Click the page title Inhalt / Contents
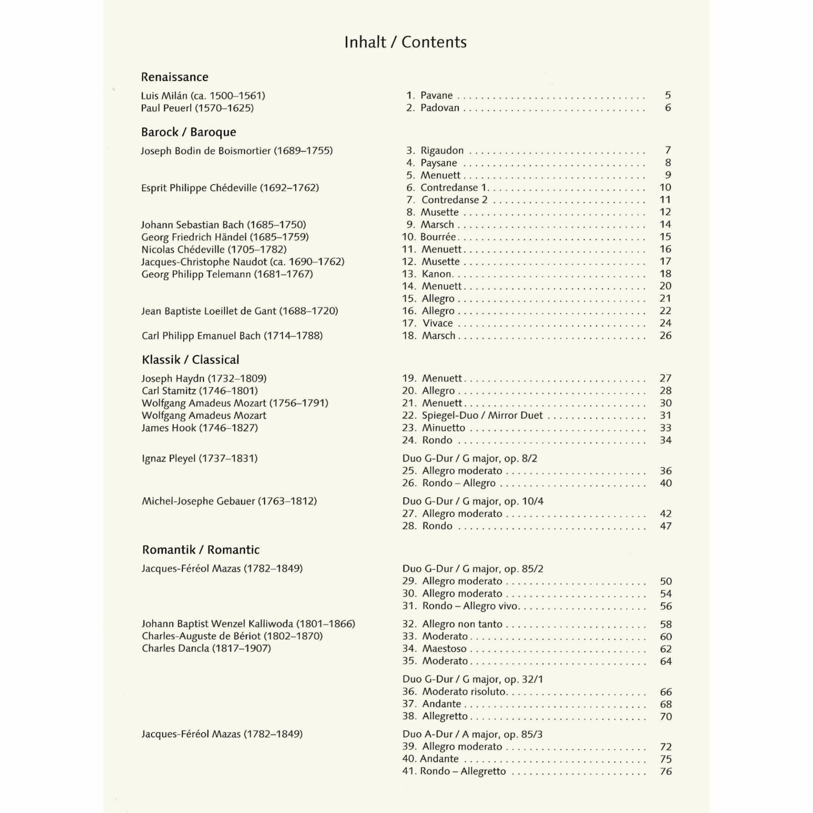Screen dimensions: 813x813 (405, 42)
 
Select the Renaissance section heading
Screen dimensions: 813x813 (174, 77)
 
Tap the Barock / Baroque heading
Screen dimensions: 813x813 (188, 132)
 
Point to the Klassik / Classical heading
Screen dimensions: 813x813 (190, 360)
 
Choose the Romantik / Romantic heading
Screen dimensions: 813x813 (201, 550)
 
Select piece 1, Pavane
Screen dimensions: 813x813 (436, 95)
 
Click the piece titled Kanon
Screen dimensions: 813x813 (437, 274)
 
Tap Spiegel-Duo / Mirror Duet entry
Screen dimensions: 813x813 (482, 415)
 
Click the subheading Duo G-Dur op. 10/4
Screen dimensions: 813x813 (473, 501)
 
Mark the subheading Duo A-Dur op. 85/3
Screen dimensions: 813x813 (472, 734)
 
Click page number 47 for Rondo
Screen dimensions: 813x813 (666, 526)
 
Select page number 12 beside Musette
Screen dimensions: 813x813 (665, 212)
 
